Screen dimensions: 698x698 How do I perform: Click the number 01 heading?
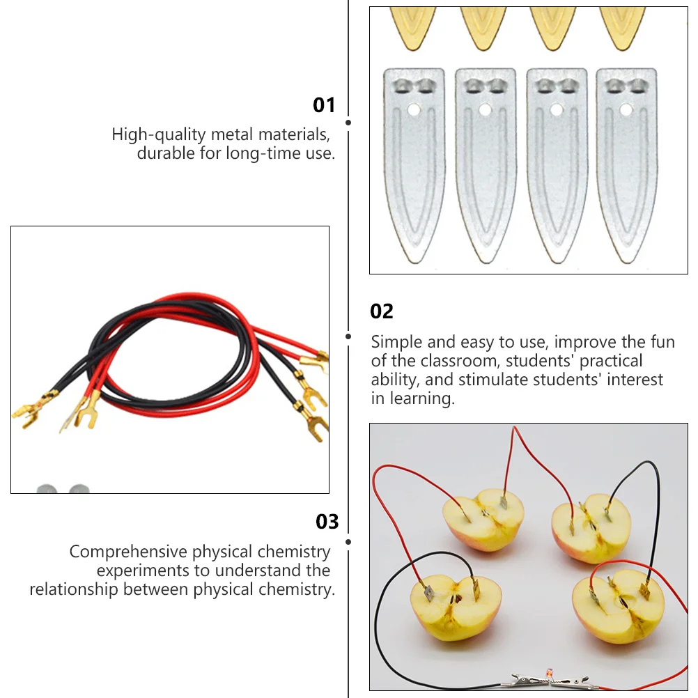(324, 105)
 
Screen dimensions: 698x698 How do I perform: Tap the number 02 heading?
(382, 311)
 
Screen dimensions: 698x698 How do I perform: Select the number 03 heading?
(327, 522)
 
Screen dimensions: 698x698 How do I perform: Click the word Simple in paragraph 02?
(396, 342)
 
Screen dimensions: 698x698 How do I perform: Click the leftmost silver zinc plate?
(414, 164)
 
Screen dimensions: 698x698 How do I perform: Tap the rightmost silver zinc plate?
(627, 164)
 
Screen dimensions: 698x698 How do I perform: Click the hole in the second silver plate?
(486, 109)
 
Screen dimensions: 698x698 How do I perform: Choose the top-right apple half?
(591, 527)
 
